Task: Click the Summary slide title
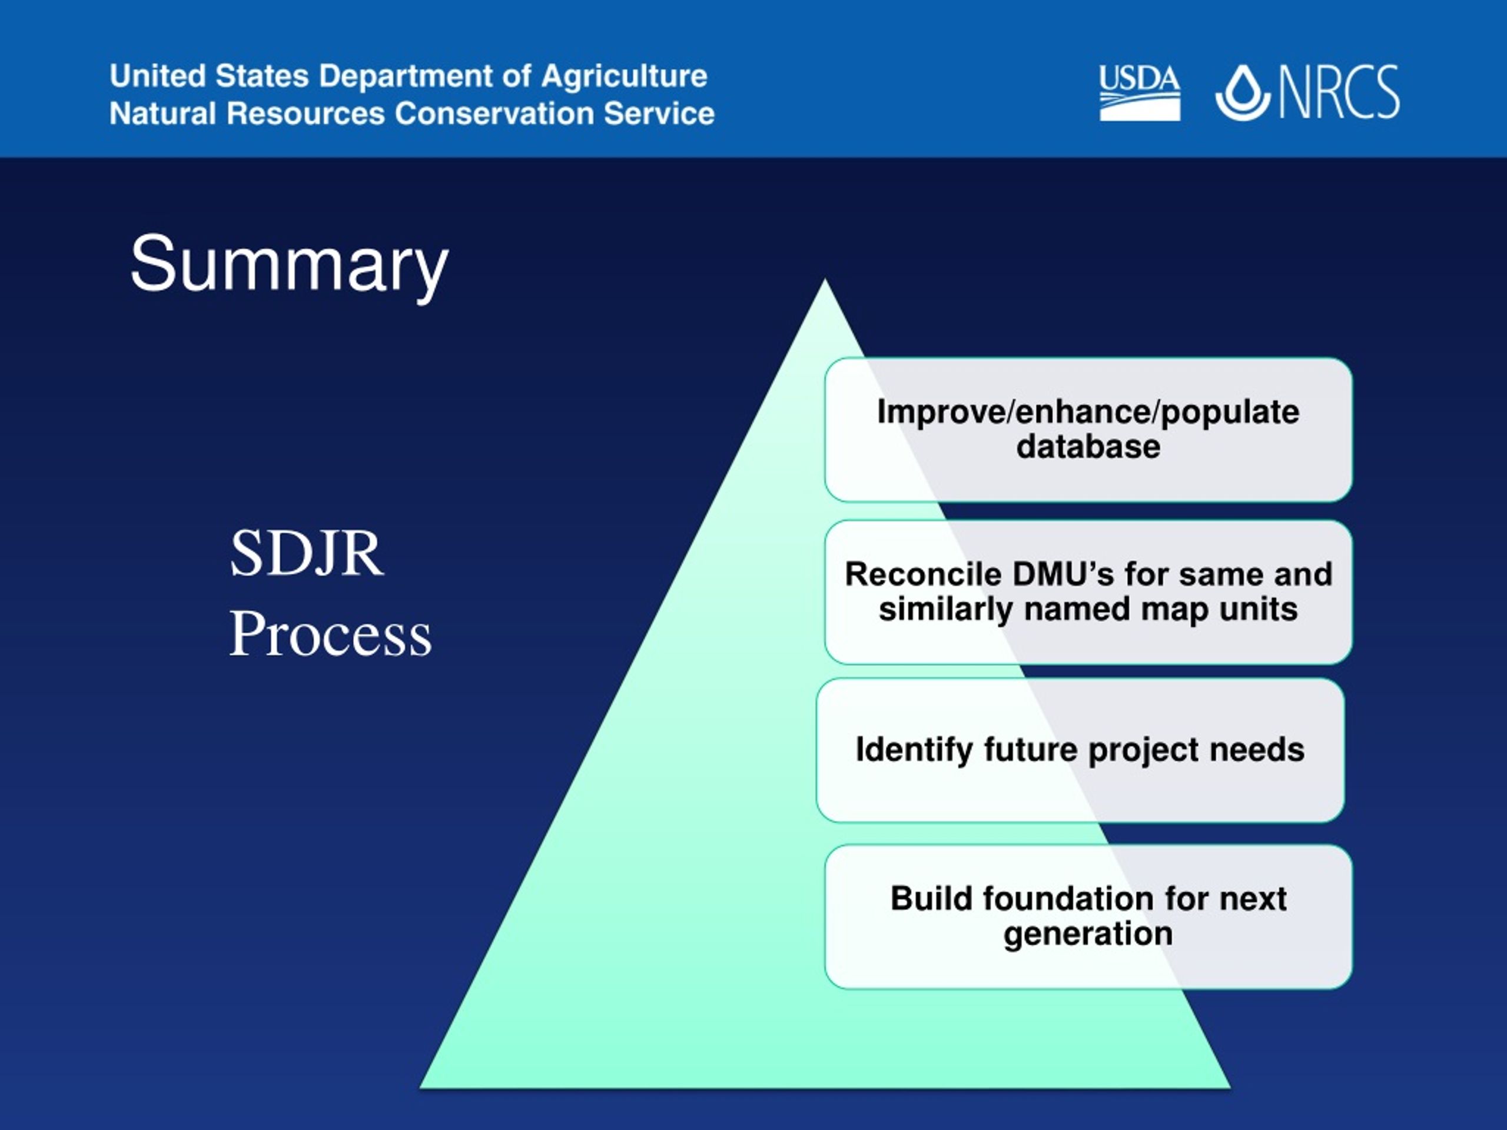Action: (289, 265)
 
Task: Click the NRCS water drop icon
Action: (1243, 92)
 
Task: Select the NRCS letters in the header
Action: (1339, 92)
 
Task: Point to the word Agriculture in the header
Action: (624, 75)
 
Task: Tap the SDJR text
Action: (307, 553)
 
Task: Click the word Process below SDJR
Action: (330, 633)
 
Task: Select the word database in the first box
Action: (1088, 447)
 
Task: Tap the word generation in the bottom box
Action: (1088, 934)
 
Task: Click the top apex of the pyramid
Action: (825, 280)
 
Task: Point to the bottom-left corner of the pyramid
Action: (420, 1087)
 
